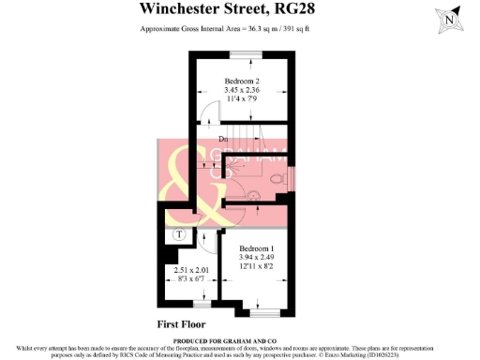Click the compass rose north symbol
pos(453,18)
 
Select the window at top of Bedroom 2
pos(248,52)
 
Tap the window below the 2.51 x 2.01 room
pos(199,304)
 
